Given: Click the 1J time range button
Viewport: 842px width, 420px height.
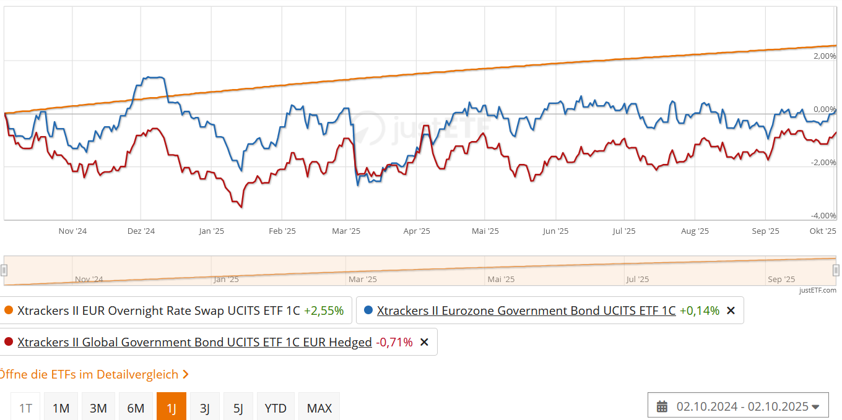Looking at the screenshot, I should point(171,408).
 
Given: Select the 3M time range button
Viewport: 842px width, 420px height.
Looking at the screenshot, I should point(98,408).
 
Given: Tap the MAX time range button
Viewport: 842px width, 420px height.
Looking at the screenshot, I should point(319,408).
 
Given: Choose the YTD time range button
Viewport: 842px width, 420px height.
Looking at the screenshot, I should point(276,408).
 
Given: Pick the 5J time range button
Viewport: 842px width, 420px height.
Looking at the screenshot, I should point(238,408).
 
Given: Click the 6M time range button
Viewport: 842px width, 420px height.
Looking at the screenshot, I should point(136,408).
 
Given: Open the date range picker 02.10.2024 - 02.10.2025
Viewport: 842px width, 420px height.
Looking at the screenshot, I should point(741,406).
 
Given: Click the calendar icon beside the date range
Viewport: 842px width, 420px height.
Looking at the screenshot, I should point(662,406).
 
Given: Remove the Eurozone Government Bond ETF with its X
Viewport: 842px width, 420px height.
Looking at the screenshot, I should point(731,311).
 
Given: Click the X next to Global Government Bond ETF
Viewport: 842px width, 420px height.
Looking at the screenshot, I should point(424,342).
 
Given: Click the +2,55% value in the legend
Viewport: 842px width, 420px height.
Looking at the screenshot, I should point(324,311).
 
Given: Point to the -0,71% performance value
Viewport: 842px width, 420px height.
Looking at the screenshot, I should point(394,342).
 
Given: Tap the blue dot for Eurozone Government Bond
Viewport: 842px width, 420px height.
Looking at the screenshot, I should point(368,311).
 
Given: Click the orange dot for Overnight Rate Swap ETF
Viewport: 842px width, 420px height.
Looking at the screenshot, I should point(8,311).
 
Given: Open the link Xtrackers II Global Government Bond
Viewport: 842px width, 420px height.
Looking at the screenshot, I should point(194,342).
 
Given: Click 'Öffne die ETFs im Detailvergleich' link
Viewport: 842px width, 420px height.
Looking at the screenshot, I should point(93,374).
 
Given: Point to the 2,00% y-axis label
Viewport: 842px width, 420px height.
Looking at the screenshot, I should point(825,56).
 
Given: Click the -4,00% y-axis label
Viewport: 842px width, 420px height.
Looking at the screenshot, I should point(824,216).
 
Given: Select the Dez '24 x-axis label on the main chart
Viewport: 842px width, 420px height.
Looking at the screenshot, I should point(141,231).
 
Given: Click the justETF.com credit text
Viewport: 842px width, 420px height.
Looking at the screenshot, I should point(817,290).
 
